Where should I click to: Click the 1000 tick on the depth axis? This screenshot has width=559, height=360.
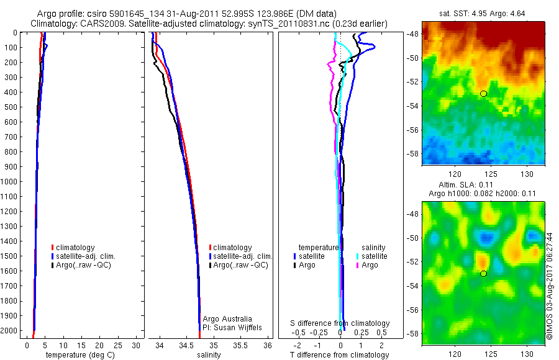point(9,182)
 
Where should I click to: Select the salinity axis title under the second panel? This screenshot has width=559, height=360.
point(209,355)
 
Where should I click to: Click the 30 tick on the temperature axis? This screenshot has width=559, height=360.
point(137,345)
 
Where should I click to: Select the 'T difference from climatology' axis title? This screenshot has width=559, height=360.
point(340,355)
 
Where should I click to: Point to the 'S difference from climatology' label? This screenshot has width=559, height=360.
point(340,323)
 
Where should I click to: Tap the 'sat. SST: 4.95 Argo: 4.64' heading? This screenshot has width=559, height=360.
point(483,13)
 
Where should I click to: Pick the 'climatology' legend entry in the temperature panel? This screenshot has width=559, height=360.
point(74,248)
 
